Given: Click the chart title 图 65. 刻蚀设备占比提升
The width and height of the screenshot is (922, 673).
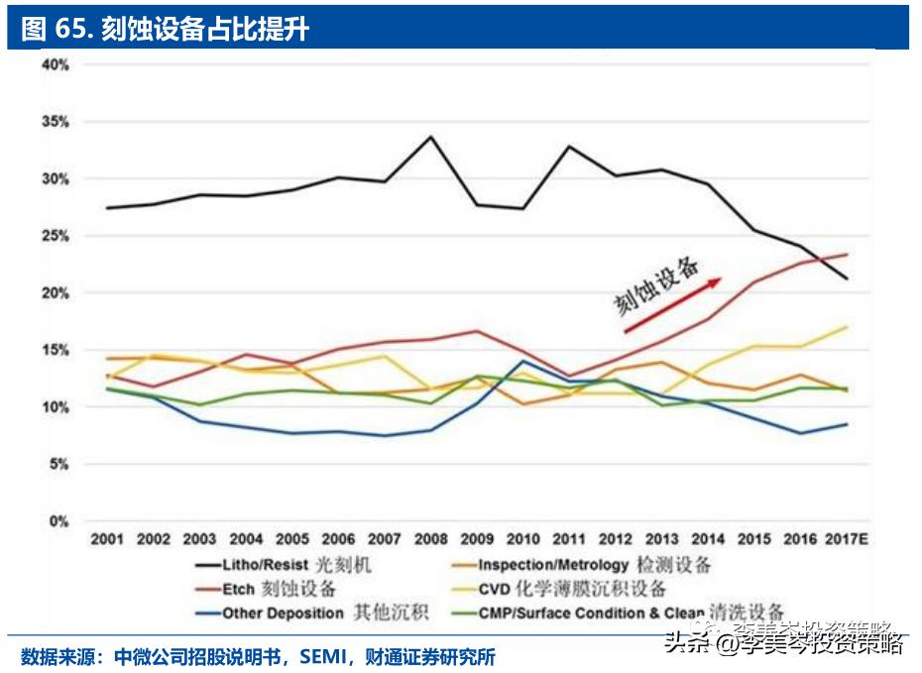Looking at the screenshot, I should coord(165,29).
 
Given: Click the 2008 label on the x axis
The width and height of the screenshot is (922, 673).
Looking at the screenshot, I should coord(429,538).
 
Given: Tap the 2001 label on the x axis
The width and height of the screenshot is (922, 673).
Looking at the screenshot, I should coord(107,538).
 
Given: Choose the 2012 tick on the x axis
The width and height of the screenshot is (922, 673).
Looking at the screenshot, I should coord(614,538).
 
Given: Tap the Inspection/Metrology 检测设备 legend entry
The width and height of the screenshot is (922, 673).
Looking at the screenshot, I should coord(594,565).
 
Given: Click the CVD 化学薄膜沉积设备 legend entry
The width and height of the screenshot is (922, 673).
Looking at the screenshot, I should coord(572,589).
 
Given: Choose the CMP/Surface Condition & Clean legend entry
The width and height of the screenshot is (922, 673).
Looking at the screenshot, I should coord(630,613).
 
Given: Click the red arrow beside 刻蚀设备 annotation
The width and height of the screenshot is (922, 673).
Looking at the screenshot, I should coord(672,306).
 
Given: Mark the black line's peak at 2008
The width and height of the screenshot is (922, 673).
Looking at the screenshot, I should coord(429,137).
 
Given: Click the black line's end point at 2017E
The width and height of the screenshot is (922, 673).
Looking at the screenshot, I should coord(846,279).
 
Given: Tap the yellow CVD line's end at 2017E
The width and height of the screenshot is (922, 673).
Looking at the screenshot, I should coord(846,326).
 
